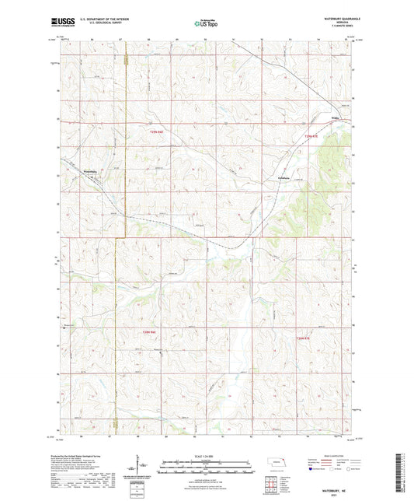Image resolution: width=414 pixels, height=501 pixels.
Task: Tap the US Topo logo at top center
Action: (x=206, y=24)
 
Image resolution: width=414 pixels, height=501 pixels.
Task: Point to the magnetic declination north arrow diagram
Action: (x=142, y=469)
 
